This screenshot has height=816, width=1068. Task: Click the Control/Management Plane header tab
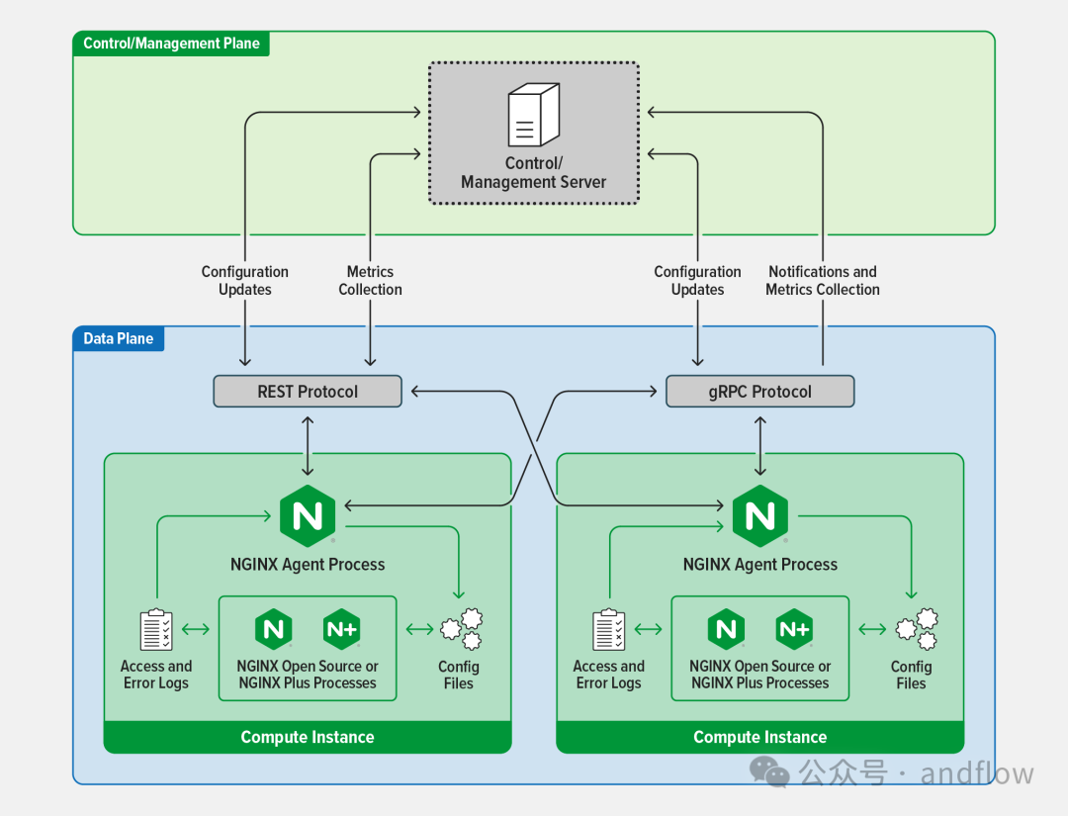(x=171, y=44)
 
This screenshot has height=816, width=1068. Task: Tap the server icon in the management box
(x=534, y=115)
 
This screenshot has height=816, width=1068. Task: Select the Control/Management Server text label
(x=533, y=173)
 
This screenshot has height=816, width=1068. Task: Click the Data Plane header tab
(x=119, y=338)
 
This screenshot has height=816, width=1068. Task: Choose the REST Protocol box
(x=308, y=392)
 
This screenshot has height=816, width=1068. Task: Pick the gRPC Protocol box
(x=760, y=392)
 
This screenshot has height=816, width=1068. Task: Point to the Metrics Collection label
(x=370, y=281)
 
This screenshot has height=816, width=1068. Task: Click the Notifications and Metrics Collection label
(x=823, y=281)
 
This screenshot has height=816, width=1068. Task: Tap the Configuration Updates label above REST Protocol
(x=244, y=281)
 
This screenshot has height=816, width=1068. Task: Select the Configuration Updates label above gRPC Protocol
(x=697, y=281)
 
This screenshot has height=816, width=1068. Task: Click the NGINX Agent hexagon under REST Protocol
(x=308, y=516)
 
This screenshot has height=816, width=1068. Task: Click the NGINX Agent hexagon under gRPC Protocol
(x=760, y=516)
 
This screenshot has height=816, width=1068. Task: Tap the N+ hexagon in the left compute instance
(x=341, y=629)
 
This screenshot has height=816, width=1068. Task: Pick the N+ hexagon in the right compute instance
(x=794, y=629)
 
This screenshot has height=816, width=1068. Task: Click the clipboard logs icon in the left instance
(x=156, y=629)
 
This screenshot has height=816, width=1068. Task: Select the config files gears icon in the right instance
(x=917, y=629)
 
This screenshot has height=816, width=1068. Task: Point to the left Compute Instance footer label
(x=308, y=737)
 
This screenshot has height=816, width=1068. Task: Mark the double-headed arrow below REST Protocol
(x=308, y=446)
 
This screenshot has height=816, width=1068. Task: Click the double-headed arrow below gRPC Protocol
(x=760, y=446)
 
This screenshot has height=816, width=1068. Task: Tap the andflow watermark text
(x=977, y=773)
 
